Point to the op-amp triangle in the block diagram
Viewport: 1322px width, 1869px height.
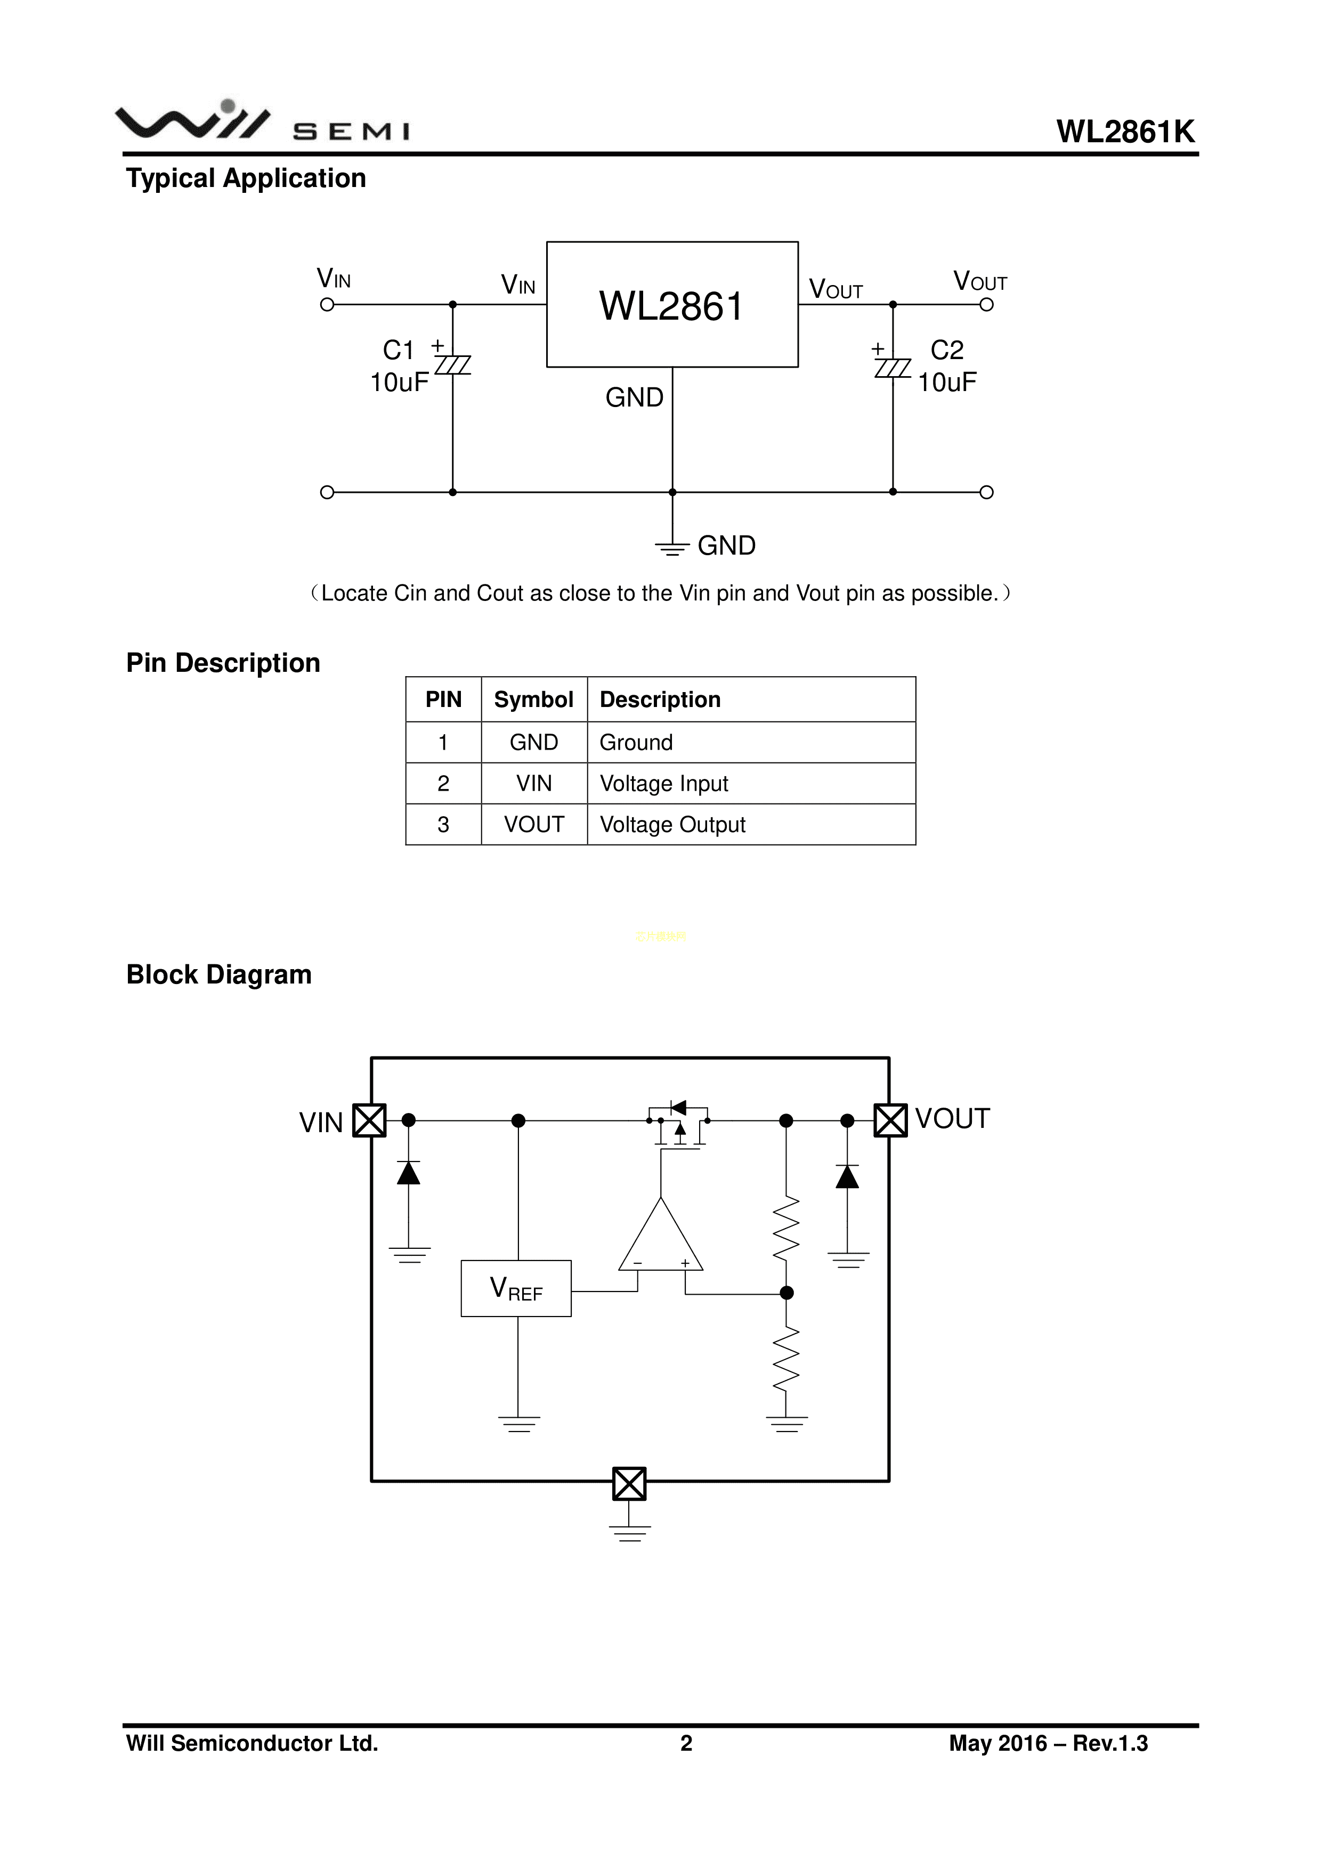[x=661, y=1240]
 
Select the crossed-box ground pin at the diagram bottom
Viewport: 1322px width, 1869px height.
[x=629, y=1483]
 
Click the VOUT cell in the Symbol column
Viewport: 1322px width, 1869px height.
[x=533, y=825]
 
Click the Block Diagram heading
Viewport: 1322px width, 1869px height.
[x=219, y=974]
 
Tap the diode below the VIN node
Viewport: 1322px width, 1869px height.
[x=409, y=1173]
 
